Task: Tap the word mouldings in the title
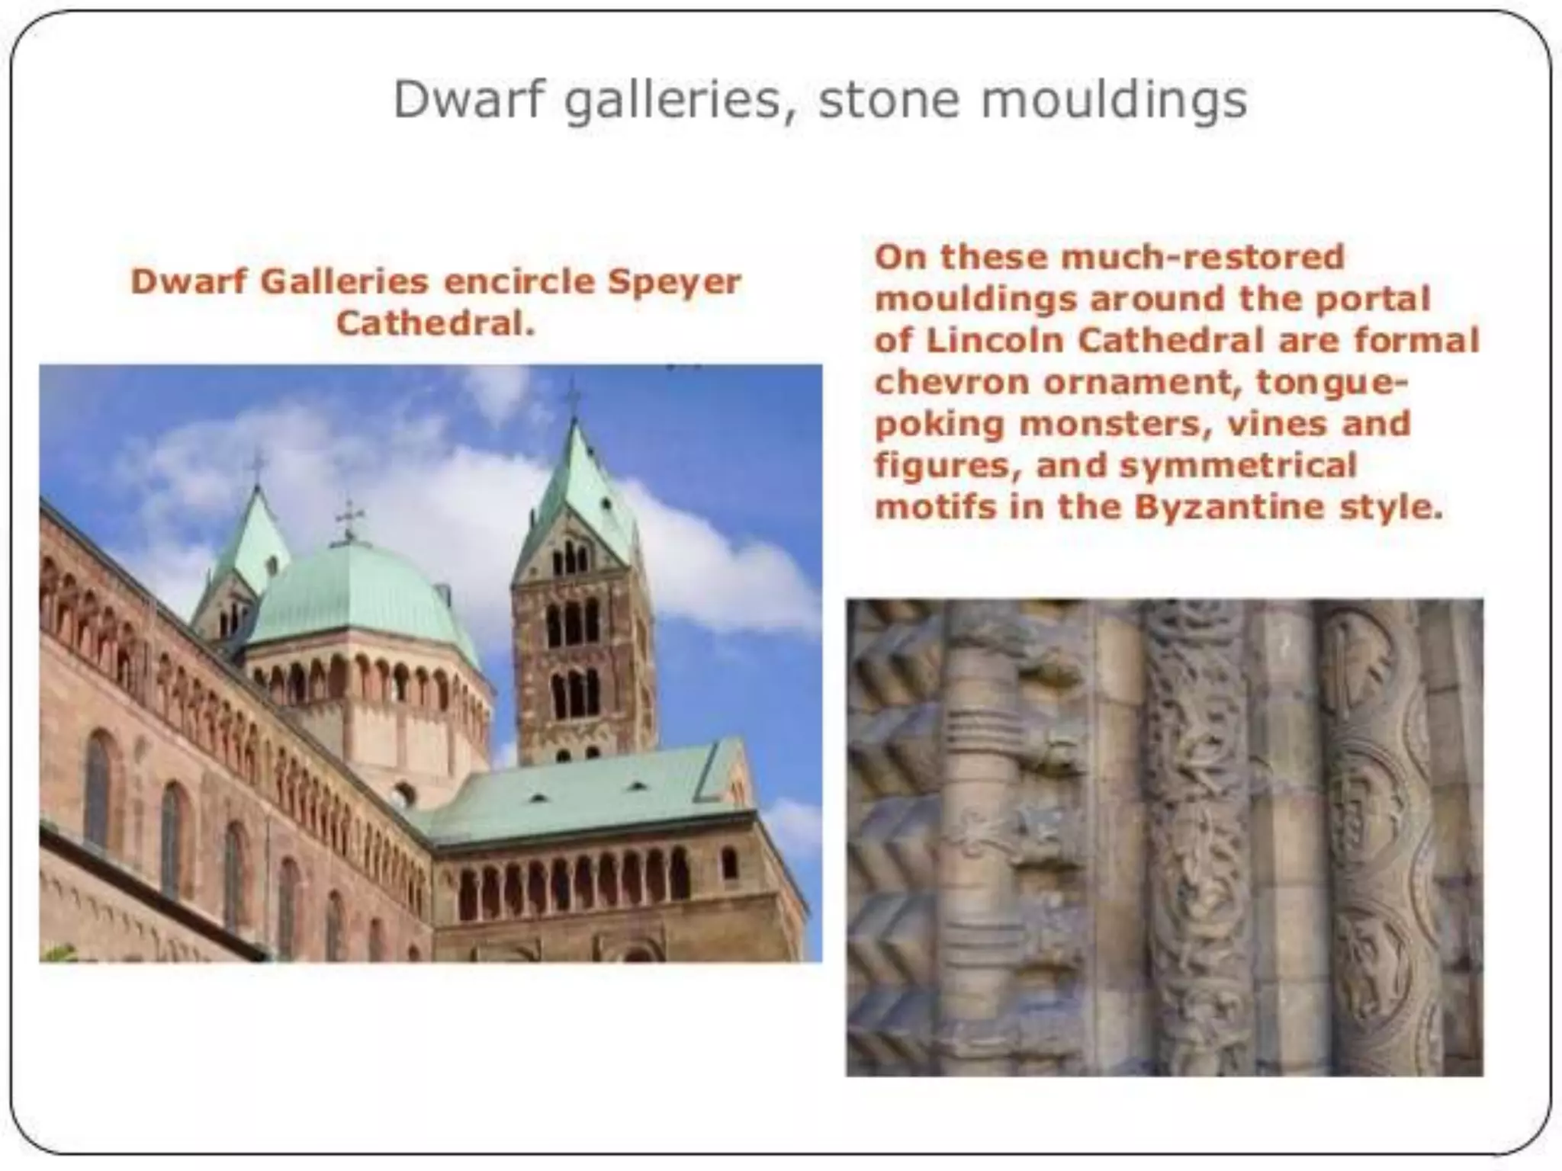pyautogui.click(x=1122, y=100)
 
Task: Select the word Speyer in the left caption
pyautogui.click(x=673, y=282)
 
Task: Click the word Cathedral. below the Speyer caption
pyautogui.click(x=435, y=323)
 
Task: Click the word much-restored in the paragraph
pyautogui.click(x=1201, y=257)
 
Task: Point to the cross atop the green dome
pyautogui.click(x=349, y=518)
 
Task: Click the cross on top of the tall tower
pyautogui.click(x=573, y=396)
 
